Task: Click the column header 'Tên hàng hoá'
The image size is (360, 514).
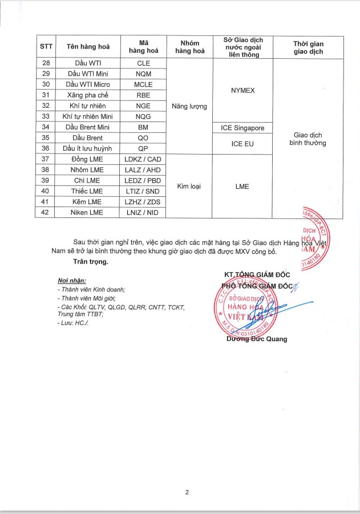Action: click(88, 47)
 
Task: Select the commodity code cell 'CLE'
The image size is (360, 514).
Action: click(143, 63)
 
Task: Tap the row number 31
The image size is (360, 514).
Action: click(46, 95)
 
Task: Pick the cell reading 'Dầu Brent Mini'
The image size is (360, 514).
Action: click(88, 127)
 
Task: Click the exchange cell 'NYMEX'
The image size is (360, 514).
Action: click(242, 90)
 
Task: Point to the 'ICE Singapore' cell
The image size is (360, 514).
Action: click(242, 127)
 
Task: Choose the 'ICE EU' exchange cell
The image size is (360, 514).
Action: click(242, 143)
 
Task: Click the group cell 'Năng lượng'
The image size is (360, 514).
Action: click(189, 106)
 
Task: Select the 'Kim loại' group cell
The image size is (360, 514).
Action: click(189, 185)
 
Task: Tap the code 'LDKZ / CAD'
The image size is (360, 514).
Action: click(143, 159)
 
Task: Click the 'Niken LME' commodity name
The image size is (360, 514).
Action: click(88, 212)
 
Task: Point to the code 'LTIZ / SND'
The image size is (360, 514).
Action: click(143, 191)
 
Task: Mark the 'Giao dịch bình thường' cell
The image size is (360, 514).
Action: click(308, 139)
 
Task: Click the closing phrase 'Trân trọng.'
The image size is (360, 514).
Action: click(91, 262)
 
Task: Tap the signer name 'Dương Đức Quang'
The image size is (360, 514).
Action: click(257, 339)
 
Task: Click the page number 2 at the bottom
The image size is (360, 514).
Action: click(187, 492)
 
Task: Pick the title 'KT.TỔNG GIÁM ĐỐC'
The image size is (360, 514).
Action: click(258, 275)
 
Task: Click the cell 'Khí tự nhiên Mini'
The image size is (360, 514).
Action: click(88, 116)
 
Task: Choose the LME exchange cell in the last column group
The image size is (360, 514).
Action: click(242, 185)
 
